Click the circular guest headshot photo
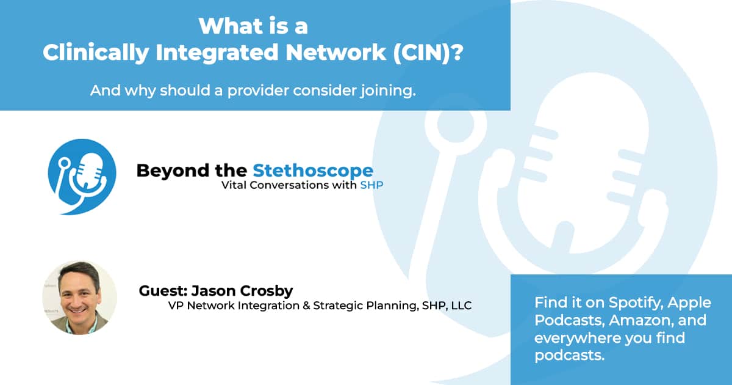79,298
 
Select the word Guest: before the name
160,291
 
